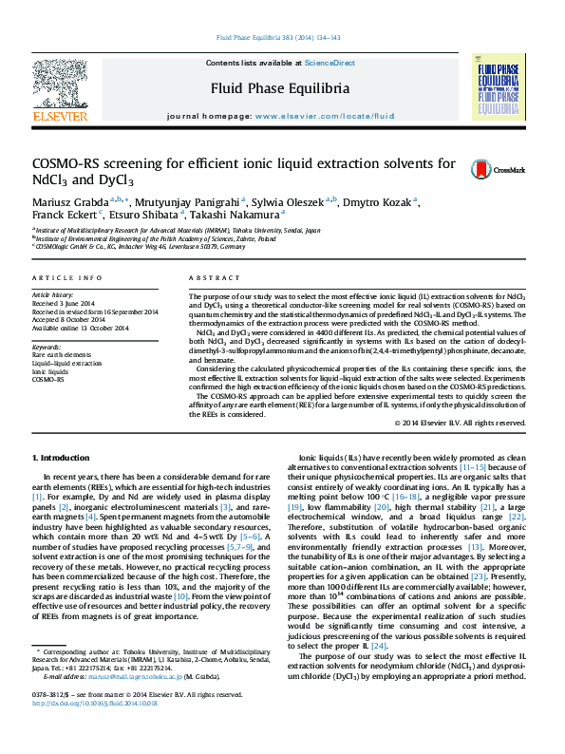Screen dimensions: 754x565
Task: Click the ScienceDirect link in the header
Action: click(x=330, y=62)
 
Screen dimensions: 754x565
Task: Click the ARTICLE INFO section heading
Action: click(x=66, y=277)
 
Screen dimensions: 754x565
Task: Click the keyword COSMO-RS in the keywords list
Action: click(x=48, y=379)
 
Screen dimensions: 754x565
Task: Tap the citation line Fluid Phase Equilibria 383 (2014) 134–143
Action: click(x=281, y=37)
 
